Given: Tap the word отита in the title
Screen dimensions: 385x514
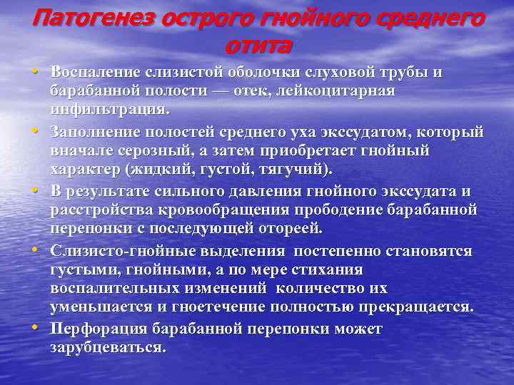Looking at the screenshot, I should (258, 46).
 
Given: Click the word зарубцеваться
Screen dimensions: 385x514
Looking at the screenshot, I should (107, 349).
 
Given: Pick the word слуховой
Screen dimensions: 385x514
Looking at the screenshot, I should (348, 73).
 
